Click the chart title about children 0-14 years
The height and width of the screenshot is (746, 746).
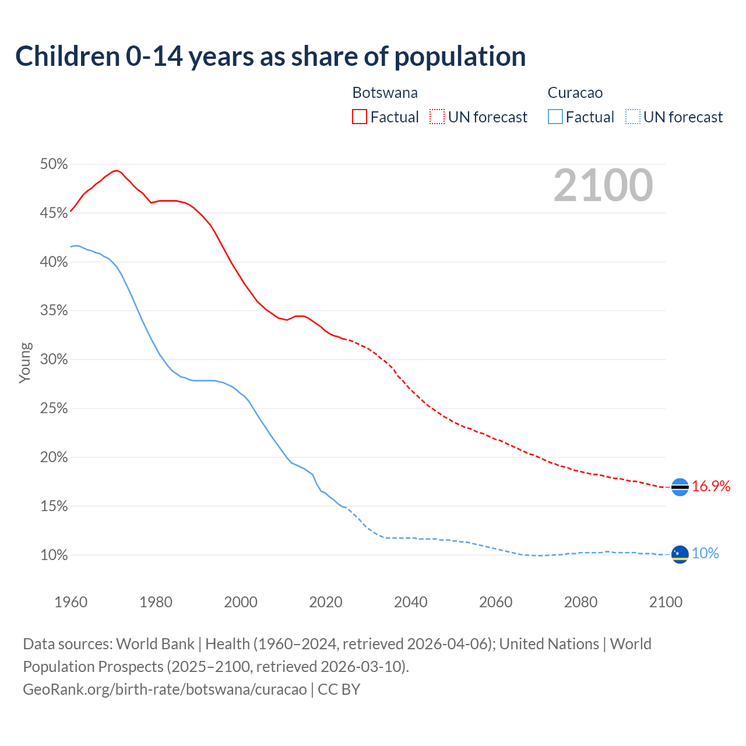point(270,57)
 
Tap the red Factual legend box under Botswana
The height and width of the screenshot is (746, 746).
point(360,117)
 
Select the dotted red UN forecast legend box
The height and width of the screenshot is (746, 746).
point(437,117)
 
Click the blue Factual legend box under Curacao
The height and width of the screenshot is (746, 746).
point(555,117)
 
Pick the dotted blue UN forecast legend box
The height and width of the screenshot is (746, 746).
point(633,117)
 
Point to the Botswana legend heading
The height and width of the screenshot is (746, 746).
point(385,93)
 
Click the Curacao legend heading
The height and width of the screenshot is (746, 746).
point(575,93)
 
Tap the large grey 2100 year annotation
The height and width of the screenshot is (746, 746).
point(603,185)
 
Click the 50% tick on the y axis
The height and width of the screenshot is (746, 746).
point(54,164)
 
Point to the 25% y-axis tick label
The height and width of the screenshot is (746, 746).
point(54,409)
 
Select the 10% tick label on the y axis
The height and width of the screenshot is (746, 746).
point(54,555)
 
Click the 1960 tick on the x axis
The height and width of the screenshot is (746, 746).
point(71,602)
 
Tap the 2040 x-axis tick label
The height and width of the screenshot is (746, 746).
point(410,602)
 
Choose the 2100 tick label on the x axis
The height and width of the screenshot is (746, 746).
point(665,602)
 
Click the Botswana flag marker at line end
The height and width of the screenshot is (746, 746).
point(680,487)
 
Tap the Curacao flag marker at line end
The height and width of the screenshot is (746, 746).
point(680,554)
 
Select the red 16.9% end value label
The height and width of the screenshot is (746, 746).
point(711,487)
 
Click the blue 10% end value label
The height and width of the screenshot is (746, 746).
point(705,554)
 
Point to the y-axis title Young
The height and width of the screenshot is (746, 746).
point(25,363)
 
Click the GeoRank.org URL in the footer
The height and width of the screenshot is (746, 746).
point(165,689)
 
